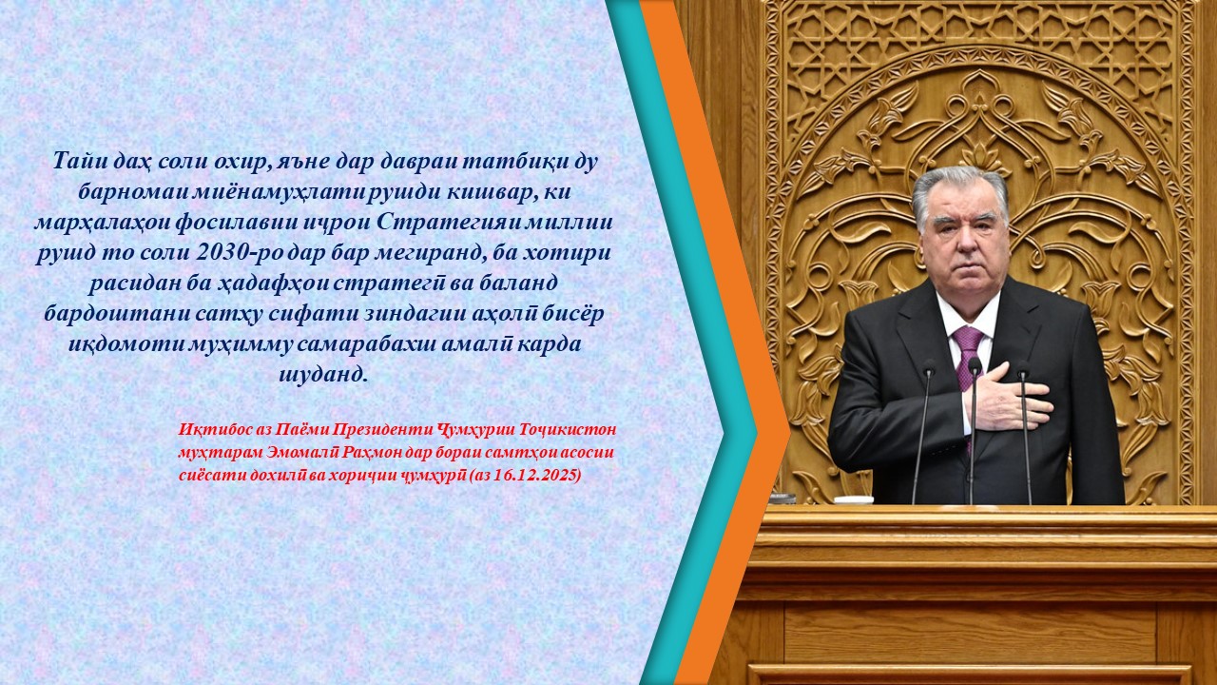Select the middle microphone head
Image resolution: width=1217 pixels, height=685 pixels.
coord(975,366)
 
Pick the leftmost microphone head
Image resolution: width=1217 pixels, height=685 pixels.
coord(929,367)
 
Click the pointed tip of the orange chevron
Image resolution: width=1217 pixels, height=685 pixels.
coord(789,432)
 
